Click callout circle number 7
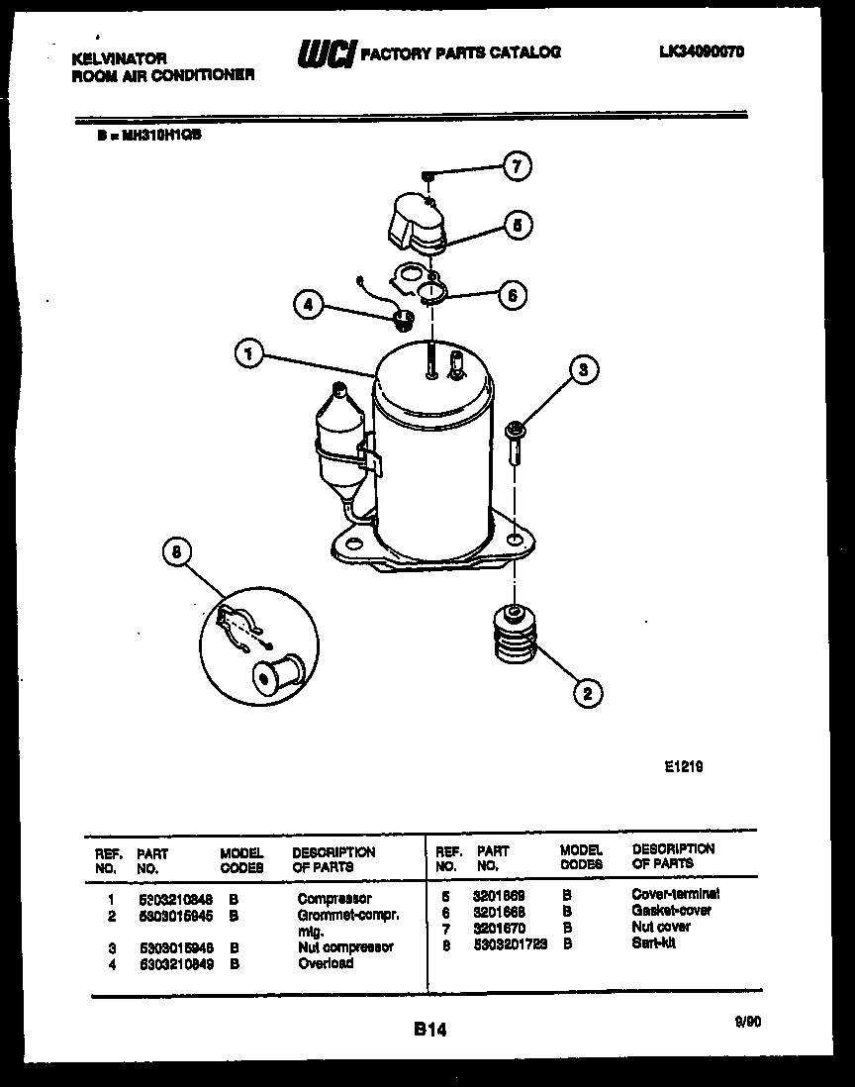click(x=516, y=166)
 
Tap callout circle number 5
click(x=516, y=225)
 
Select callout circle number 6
click(x=511, y=294)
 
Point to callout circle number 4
click(x=309, y=306)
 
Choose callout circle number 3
click(x=583, y=370)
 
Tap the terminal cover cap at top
click(x=414, y=220)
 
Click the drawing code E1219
click(x=683, y=765)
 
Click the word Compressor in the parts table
click(x=334, y=899)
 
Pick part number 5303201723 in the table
click(x=512, y=943)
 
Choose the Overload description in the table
click(x=326, y=962)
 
